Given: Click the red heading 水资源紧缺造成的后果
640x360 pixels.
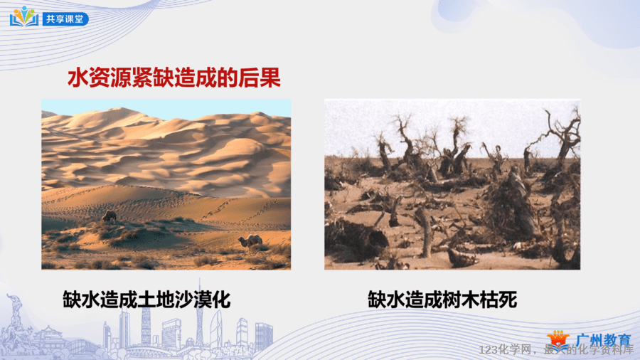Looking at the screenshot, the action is (174, 78).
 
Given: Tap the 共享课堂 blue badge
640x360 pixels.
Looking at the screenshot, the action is (65, 19).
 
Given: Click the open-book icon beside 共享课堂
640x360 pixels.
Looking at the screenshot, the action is (24, 17).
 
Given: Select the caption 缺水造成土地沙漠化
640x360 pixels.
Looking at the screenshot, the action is (146, 300).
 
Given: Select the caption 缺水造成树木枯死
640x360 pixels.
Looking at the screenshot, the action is (442, 300).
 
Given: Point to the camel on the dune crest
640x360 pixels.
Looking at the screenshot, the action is (110, 216).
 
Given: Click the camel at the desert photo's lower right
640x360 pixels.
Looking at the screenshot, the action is (250, 241).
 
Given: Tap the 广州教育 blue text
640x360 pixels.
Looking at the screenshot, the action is (604, 340).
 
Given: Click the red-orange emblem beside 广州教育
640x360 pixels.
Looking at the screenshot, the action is (558, 340).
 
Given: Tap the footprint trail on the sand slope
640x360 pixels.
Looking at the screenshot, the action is (241, 210).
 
